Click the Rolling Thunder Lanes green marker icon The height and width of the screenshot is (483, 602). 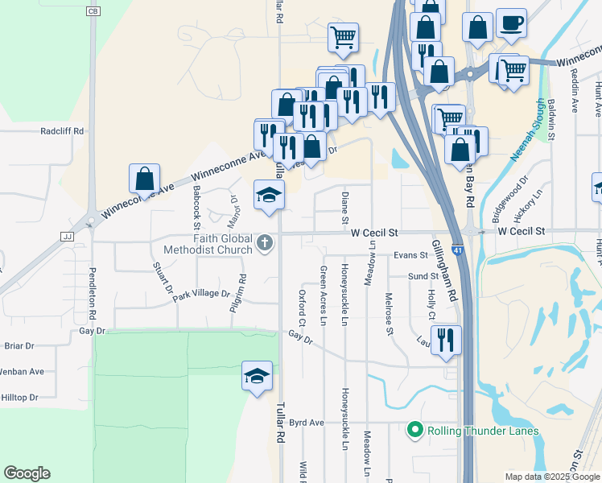tap(415, 431)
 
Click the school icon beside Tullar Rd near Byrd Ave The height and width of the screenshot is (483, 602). tap(257, 376)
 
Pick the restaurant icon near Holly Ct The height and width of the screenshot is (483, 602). tap(445, 339)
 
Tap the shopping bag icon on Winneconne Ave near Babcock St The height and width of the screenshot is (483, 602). tap(144, 179)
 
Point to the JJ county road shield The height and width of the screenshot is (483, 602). tap(66, 237)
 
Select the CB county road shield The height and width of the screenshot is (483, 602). tap(93, 11)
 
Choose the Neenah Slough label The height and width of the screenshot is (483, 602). tap(528, 130)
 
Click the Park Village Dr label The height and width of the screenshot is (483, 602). tap(200, 294)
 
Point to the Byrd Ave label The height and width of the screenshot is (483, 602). tap(306, 423)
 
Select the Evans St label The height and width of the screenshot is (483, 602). tap(410, 255)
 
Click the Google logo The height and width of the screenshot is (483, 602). tap(27, 473)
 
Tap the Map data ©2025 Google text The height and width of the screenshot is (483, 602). tap(551, 477)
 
